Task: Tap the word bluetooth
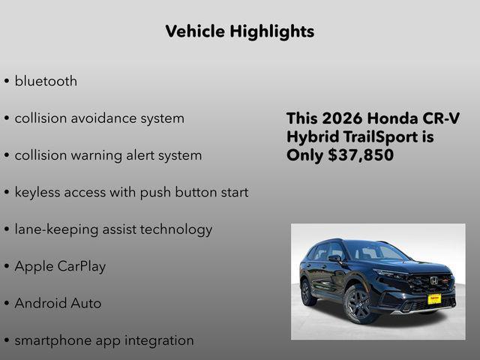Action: point(46,81)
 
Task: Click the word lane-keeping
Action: point(58,229)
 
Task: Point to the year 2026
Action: point(342,118)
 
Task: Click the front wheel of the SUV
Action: point(356,304)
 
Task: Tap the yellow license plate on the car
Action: point(433,298)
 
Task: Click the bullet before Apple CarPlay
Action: point(6,266)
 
